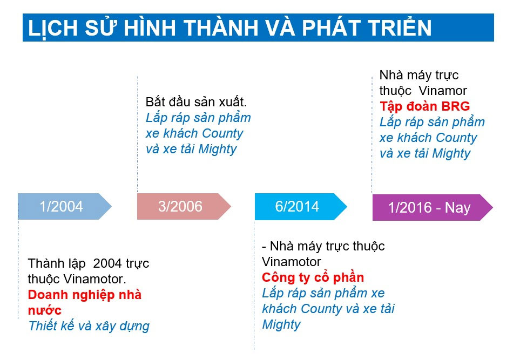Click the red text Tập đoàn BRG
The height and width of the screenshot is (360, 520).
pos(425,106)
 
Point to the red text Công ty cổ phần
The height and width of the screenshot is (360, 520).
pos(313,277)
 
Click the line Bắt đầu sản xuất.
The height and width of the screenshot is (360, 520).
pos(197,102)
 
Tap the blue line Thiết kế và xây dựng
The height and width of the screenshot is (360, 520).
pos(89,326)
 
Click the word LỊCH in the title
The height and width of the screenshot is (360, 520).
pos(53,28)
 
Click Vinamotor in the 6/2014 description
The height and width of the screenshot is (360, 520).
pos(292,262)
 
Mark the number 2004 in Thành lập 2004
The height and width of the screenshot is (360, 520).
pos(107,263)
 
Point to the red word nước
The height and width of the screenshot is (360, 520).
pos(45,310)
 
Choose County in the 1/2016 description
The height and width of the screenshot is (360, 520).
pos(456,138)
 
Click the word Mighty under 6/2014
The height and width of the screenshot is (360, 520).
pos(281,324)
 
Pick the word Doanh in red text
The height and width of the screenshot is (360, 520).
pos(47,295)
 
